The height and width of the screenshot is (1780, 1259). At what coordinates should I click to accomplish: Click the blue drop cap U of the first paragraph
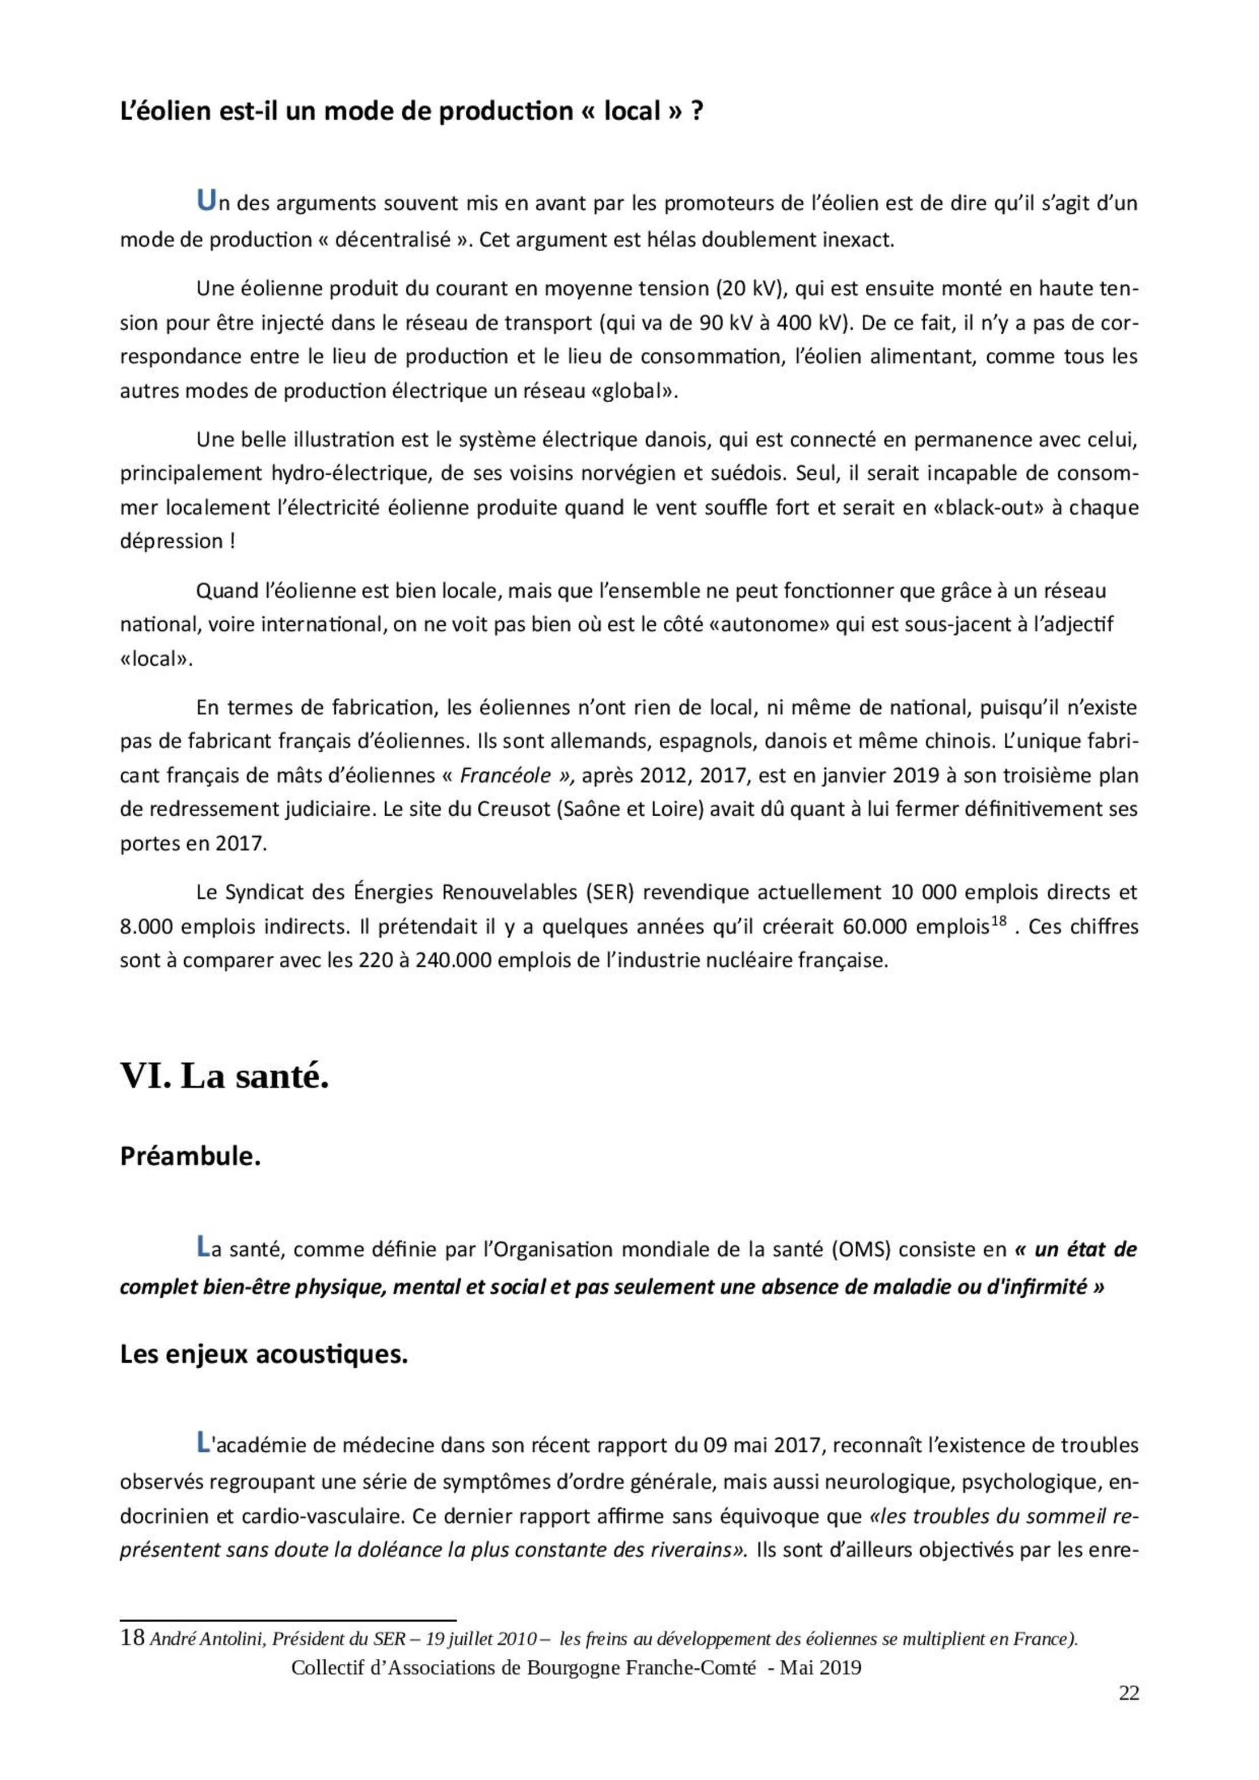205,201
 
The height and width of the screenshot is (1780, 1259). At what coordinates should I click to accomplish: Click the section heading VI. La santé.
224,1076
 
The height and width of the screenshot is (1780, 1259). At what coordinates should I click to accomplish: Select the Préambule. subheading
190,1157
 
